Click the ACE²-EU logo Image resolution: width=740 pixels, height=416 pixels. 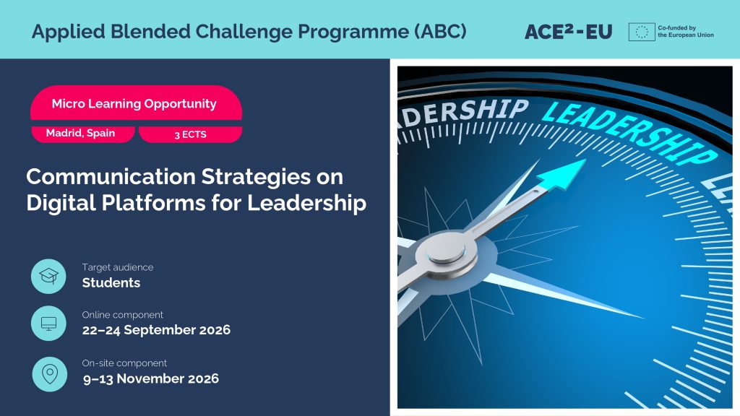click(568, 32)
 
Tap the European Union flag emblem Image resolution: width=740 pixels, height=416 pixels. click(642, 32)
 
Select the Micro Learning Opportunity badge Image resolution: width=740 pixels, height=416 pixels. click(136, 103)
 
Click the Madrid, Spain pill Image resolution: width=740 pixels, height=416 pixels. click(82, 134)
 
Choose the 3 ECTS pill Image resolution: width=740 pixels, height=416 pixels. click(190, 134)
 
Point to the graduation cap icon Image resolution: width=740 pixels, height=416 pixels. click(48, 276)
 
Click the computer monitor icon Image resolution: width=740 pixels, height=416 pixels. click(48, 323)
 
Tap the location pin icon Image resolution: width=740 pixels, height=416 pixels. click(50, 374)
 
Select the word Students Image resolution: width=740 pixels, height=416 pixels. click(111, 282)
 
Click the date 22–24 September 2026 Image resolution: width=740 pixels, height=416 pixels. click(156, 329)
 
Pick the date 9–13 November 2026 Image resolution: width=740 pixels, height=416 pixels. click(151, 378)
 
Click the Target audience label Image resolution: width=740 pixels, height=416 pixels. click(118, 267)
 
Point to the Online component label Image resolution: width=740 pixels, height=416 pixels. click(122, 315)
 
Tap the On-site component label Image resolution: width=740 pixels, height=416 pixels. click(124, 363)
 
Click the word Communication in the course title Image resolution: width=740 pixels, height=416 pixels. click(111, 176)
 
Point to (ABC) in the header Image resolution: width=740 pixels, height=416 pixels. click(440, 32)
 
